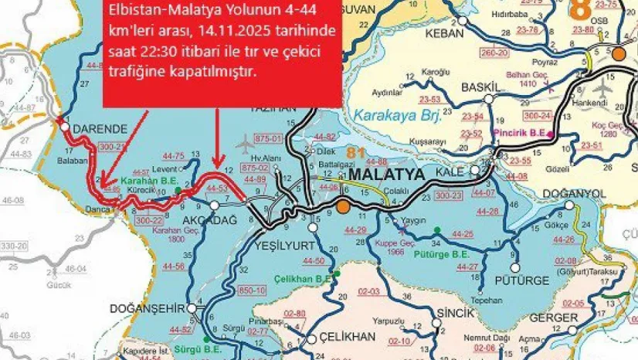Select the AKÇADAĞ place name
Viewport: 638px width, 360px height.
(181, 218)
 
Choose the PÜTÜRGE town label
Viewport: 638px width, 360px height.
(526, 279)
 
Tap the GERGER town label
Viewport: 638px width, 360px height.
(553, 318)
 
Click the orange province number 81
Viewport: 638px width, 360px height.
(356, 154)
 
